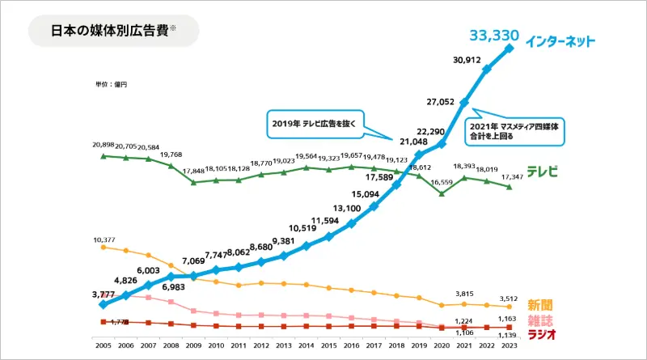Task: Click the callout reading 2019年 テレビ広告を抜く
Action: point(315,125)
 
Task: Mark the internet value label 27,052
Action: point(443,102)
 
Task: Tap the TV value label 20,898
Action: point(104,144)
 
